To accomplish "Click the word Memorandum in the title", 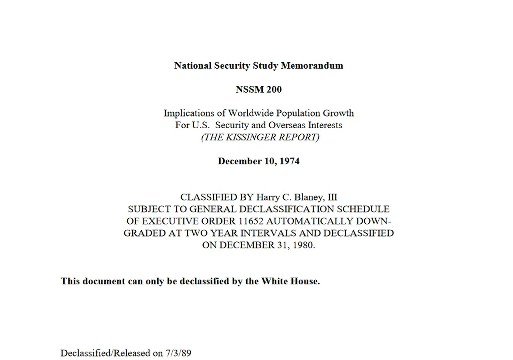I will [312, 65].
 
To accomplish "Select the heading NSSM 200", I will [259, 89].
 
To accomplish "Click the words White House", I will [290, 281].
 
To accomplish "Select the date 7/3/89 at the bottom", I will [178, 353].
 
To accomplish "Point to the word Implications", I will [188, 113].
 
